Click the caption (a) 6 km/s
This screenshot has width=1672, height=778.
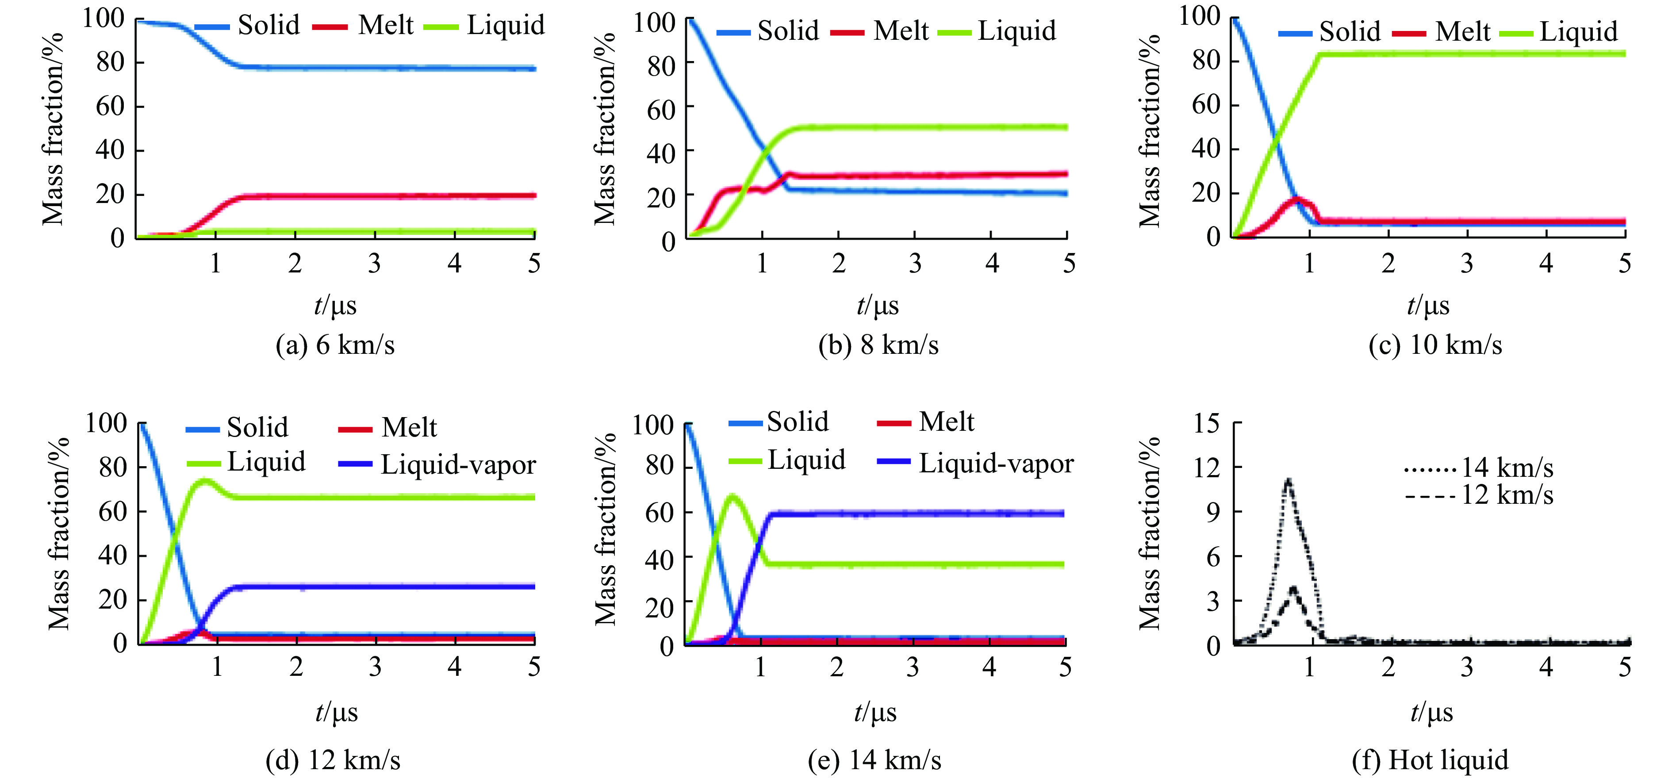coord(335,345)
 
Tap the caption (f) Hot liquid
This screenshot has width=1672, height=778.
coord(1430,759)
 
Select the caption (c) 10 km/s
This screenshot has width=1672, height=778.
coord(1435,345)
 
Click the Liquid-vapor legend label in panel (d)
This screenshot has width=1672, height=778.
coord(458,464)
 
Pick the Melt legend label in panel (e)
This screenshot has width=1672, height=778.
coord(946,422)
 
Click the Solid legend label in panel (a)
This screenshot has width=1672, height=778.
coord(268,25)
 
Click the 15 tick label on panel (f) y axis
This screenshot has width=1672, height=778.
coord(1207,424)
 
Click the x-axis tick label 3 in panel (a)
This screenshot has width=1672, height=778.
coord(375,263)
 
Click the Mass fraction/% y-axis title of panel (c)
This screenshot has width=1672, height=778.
coord(1150,130)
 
